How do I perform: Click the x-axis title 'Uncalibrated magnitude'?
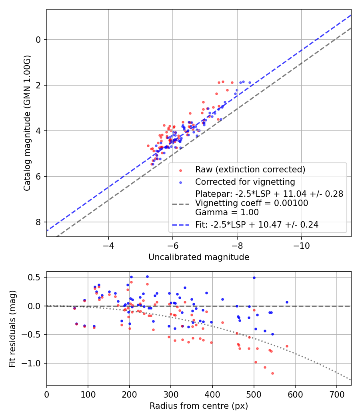pos(199,257)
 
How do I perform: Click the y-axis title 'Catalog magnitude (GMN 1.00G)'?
pos(27,123)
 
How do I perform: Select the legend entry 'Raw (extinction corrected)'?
pos(250,170)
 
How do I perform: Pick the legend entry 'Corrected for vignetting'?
pos(245,182)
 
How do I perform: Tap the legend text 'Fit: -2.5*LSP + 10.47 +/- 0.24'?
pos(257,225)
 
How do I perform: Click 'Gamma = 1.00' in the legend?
pos(227,212)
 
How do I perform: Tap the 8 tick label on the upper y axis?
pos(38,222)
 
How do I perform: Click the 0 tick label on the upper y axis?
pos(38,40)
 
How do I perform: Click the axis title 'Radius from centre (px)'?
pos(199,406)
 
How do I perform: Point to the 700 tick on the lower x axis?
pos(336,394)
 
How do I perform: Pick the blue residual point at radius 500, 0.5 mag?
pos(254,278)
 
